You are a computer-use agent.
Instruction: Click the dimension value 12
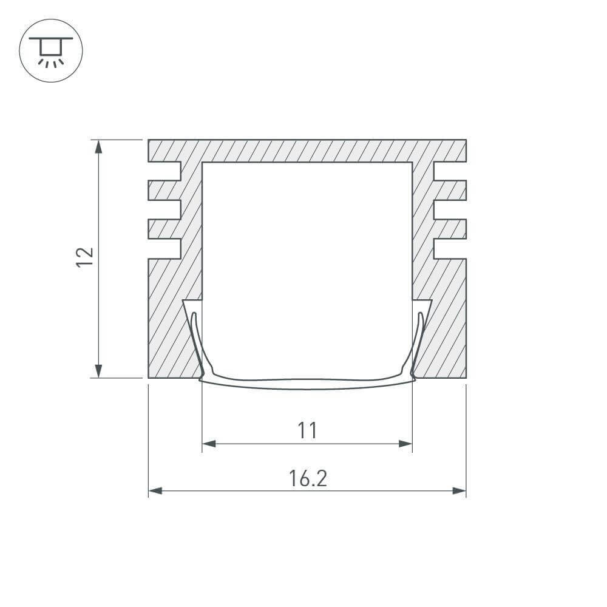point(85,257)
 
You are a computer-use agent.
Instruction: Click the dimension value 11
point(307,430)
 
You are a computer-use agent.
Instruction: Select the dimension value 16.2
point(308,478)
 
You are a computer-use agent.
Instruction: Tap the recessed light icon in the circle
point(51,52)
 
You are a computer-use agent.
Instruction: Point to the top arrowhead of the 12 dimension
point(99,147)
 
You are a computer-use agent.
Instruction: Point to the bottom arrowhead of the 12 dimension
point(99,371)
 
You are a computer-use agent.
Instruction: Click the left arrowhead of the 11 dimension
point(209,444)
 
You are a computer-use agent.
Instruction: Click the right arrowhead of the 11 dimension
point(405,444)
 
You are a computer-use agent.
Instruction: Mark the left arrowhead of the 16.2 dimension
point(155,491)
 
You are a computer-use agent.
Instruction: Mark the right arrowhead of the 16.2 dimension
point(459,491)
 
